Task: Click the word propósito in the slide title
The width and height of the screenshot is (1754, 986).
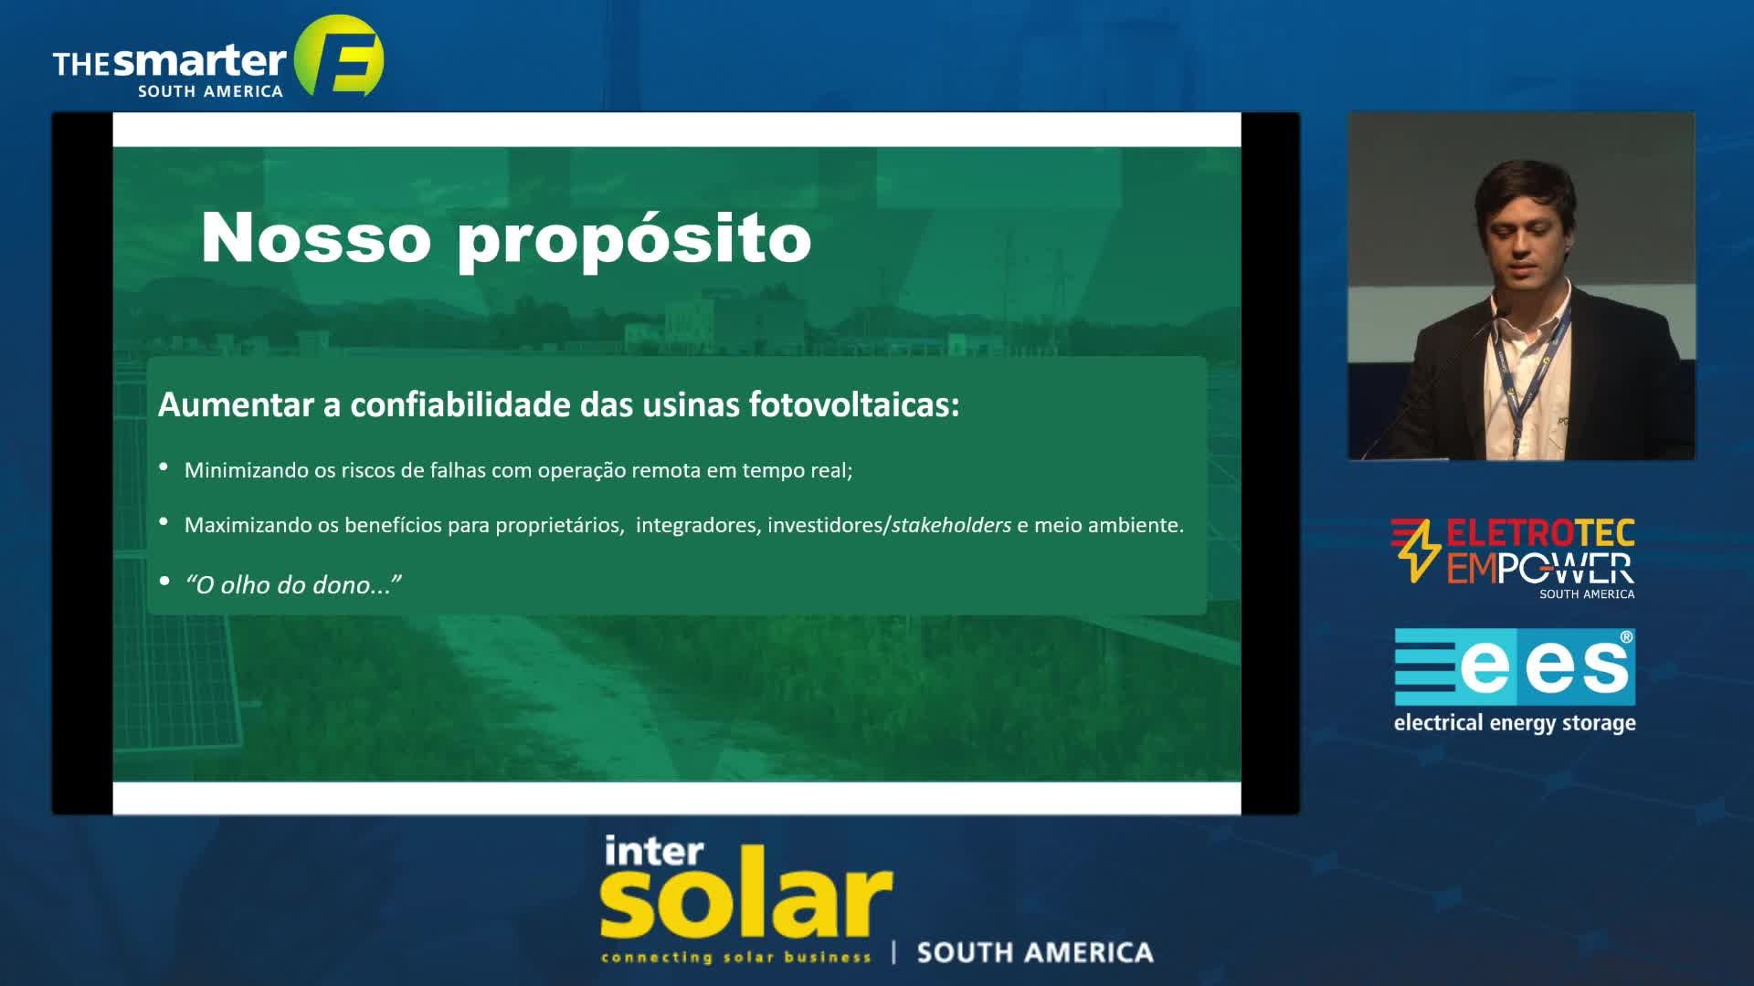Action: (x=634, y=242)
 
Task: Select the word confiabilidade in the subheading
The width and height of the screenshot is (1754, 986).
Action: (x=460, y=404)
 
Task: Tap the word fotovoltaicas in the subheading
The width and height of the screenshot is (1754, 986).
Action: (x=854, y=404)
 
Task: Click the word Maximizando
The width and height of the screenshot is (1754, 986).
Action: (x=248, y=525)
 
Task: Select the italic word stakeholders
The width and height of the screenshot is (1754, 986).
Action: (x=951, y=525)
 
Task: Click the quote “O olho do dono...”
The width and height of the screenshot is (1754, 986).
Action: (x=293, y=584)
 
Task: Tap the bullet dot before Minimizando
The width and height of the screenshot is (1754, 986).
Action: (x=164, y=467)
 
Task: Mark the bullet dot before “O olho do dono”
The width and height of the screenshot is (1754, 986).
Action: (x=164, y=581)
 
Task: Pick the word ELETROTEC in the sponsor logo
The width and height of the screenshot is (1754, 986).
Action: (x=1540, y=534)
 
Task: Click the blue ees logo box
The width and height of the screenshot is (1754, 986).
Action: (x=1515, y=666)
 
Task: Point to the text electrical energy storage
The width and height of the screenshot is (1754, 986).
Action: (x=1515, y=723)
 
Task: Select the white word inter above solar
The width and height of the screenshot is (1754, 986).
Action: (x=653, y=850)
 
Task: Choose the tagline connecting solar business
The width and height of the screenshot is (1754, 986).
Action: (x=736, y=957)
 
